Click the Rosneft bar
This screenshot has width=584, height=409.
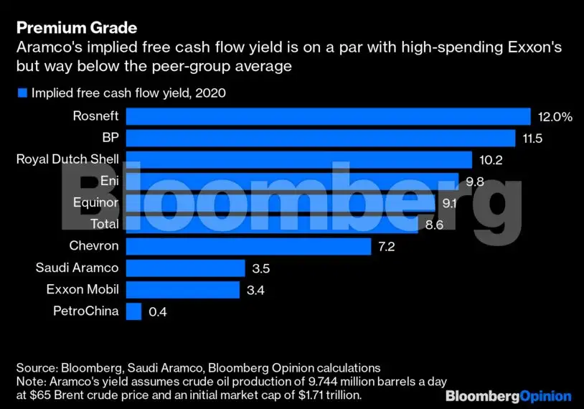328,116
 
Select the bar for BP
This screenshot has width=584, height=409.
321,138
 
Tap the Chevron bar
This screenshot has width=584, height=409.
248,246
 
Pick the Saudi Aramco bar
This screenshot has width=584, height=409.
185,268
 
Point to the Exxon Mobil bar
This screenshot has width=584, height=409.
183,290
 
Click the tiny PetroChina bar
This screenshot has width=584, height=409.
133,311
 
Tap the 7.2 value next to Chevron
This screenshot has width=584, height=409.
386,247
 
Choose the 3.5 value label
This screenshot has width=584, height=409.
262,269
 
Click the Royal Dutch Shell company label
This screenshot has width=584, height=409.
67,159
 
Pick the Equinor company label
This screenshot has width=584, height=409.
95,203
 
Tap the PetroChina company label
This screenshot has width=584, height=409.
86,311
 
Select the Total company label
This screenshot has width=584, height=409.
105,225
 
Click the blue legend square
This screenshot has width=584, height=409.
22,93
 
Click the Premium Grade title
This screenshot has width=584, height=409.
77,28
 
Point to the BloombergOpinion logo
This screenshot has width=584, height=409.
508,396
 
